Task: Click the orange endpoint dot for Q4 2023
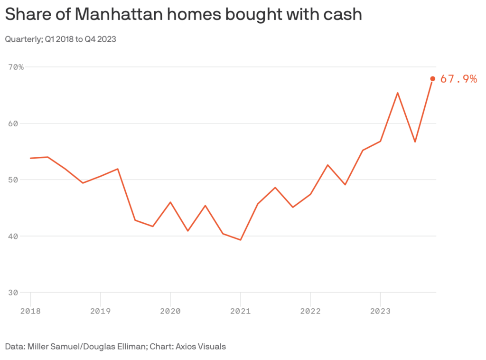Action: [432, 79]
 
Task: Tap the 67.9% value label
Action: [458, 79]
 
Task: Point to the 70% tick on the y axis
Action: [16, 67]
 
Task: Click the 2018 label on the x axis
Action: [30, 311]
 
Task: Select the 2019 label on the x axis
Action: [100, 311]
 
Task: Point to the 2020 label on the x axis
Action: [170, 311]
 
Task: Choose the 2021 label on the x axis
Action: [240, 311]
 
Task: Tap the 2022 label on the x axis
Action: [310, 311]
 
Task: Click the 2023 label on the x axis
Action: [380, 311]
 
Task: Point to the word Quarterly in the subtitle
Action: [22, 39]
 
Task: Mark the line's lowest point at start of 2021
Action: [241, 240]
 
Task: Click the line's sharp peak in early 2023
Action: [397, 93]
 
